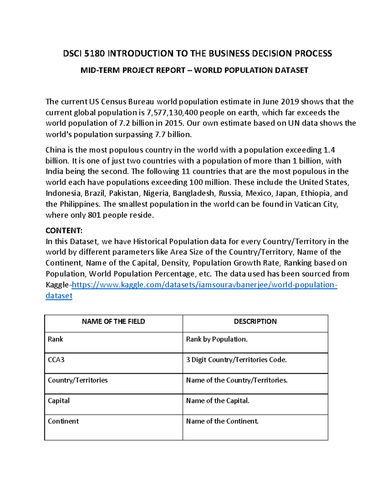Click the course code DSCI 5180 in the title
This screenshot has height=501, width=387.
pyautogui.click(x=84, y=54)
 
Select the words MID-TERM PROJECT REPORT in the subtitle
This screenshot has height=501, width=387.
pyautogui.click(x=133, y=70)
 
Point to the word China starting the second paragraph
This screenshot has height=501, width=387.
pyautogui.click(x=55, y=150)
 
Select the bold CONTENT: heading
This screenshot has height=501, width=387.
pyautogui.click(x=64, y=231)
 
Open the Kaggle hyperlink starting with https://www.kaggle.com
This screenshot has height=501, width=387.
pyautogui.click(x=204, y=285)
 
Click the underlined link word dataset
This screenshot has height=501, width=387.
pyautogui.click(x=59, y=296)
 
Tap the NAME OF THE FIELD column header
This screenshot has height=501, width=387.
pyautogui.click(x=113, y=322)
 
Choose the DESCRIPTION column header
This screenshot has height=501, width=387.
pyautogui.click(x=255, y=322)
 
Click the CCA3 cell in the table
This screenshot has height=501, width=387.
pyautogui.click(x=56, y=360)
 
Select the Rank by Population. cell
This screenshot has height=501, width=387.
pyautogui.click(x=217, y=339)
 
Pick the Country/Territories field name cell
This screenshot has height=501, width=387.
pyautogui.click(x=78, y=380)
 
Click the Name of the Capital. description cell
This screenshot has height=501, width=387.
pyautogui.click(x=218, y=401)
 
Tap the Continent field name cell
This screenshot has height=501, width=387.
pyautogui.click(x=63, y=421)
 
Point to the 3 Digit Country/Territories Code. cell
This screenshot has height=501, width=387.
pyautogui.click(x=236, y=360)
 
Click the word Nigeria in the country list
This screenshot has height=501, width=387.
pyautogui.click(x=156, y=193)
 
